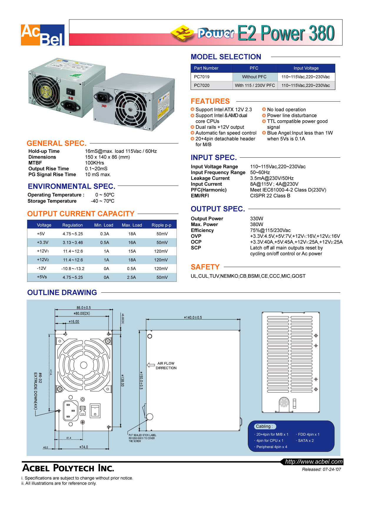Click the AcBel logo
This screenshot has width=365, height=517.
[43, 35]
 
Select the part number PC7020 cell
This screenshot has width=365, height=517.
[202, 85]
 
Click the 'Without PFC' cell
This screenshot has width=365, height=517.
[254, 77]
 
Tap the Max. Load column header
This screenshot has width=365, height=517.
[132, 225]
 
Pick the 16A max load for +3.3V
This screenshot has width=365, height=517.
[132, 243]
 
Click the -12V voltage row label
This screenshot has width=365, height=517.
[42, 269]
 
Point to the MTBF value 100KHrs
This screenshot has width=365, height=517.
[94, 163]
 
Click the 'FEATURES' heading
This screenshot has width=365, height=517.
[210, 101]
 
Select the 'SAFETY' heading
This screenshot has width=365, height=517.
[205, 267]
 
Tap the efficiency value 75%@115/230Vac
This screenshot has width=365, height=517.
[270, 230]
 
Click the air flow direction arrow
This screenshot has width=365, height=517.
[151, 365]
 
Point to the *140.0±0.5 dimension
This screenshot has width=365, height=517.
[193, 318]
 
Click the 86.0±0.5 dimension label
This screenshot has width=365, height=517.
[84, 308]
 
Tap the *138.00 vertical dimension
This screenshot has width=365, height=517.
[122, 381]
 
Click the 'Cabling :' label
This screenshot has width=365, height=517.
[264, 427]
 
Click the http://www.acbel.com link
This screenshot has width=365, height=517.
[314, 462]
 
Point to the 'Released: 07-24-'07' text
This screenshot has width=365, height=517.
[321, 470]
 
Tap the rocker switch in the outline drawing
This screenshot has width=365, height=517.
[95, 411]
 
